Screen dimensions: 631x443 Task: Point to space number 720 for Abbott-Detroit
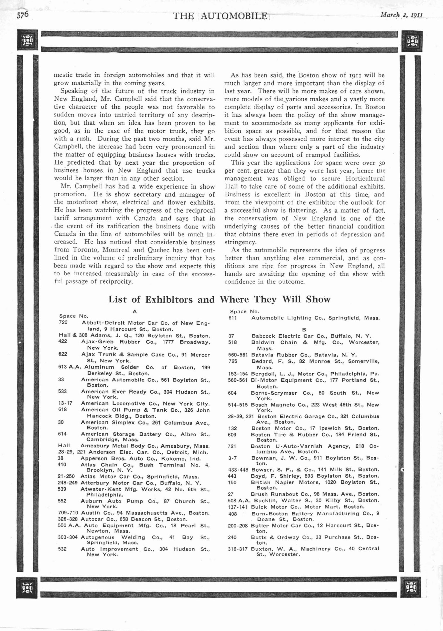point(63,323)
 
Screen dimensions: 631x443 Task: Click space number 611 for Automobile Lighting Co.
point(232,318)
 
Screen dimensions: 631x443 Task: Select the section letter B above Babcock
point(304,330)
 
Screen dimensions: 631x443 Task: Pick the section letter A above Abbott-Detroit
point(135,311)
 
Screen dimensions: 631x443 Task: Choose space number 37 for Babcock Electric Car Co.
point(231,336)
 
